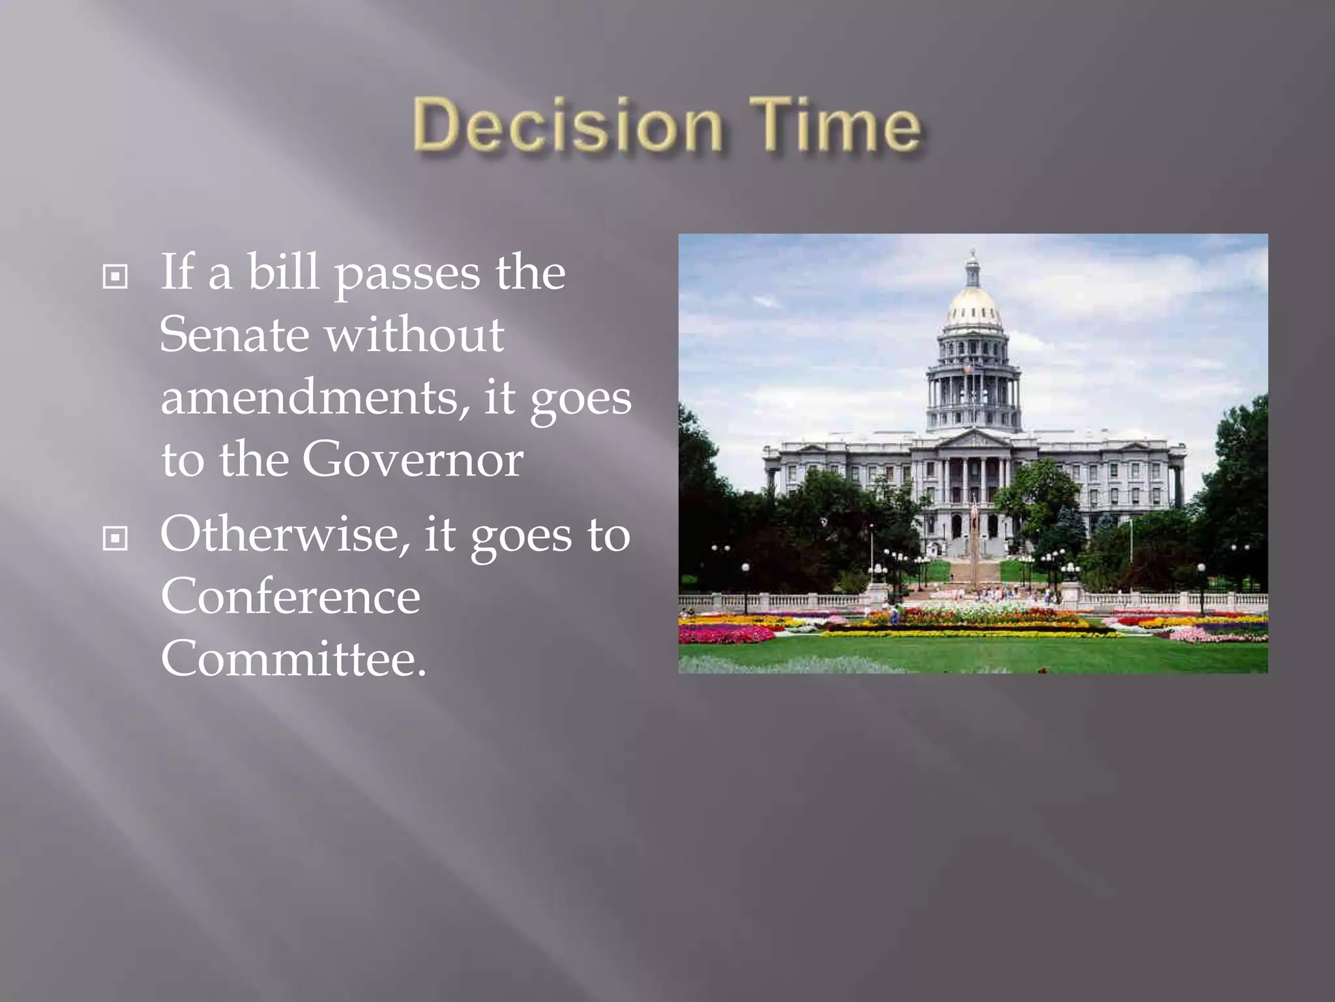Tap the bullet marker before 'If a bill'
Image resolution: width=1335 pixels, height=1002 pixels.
(115, 277)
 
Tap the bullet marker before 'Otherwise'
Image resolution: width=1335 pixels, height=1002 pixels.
(115, 538)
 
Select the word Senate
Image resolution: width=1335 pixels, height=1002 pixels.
(234, 335)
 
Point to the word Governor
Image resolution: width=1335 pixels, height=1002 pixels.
(412, 460)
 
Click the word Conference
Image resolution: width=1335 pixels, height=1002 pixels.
(290, 596)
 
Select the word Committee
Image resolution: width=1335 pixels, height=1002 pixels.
(293, 659)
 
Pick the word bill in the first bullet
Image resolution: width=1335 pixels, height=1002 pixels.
(283, 272)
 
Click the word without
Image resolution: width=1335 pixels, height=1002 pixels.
(415, 335)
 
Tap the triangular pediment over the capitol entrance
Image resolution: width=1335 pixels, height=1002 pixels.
(973, 440)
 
